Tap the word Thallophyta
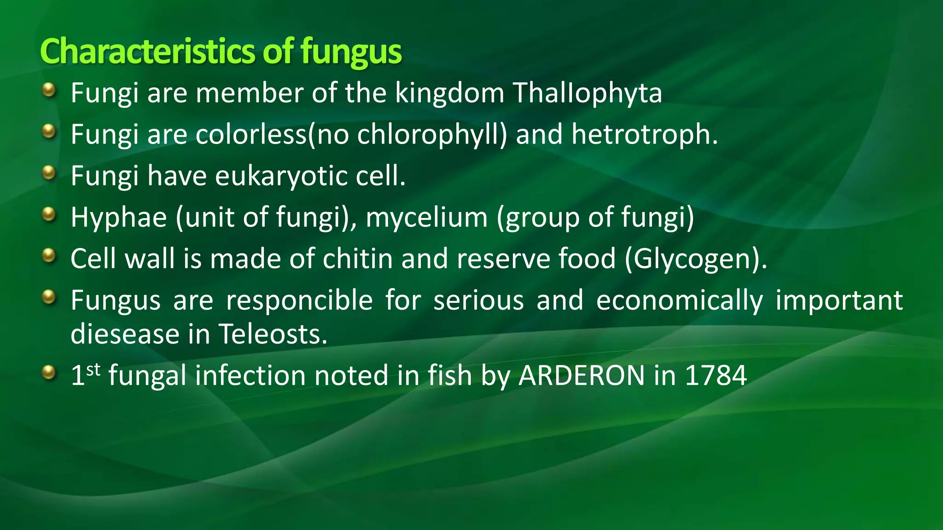pos(587,93)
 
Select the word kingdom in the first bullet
pos(450,93)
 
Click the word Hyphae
pos(118,217)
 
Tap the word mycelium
pos(426,217)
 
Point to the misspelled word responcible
pos(299,300)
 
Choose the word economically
pos(679,300)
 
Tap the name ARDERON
pos(582,375)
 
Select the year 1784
pos(716,375)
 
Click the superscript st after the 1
pos(93,369)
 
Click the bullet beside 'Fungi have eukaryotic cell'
pos(48,173)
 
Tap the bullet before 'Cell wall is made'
pos(48,256)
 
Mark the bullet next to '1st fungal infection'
pos(48,372)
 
